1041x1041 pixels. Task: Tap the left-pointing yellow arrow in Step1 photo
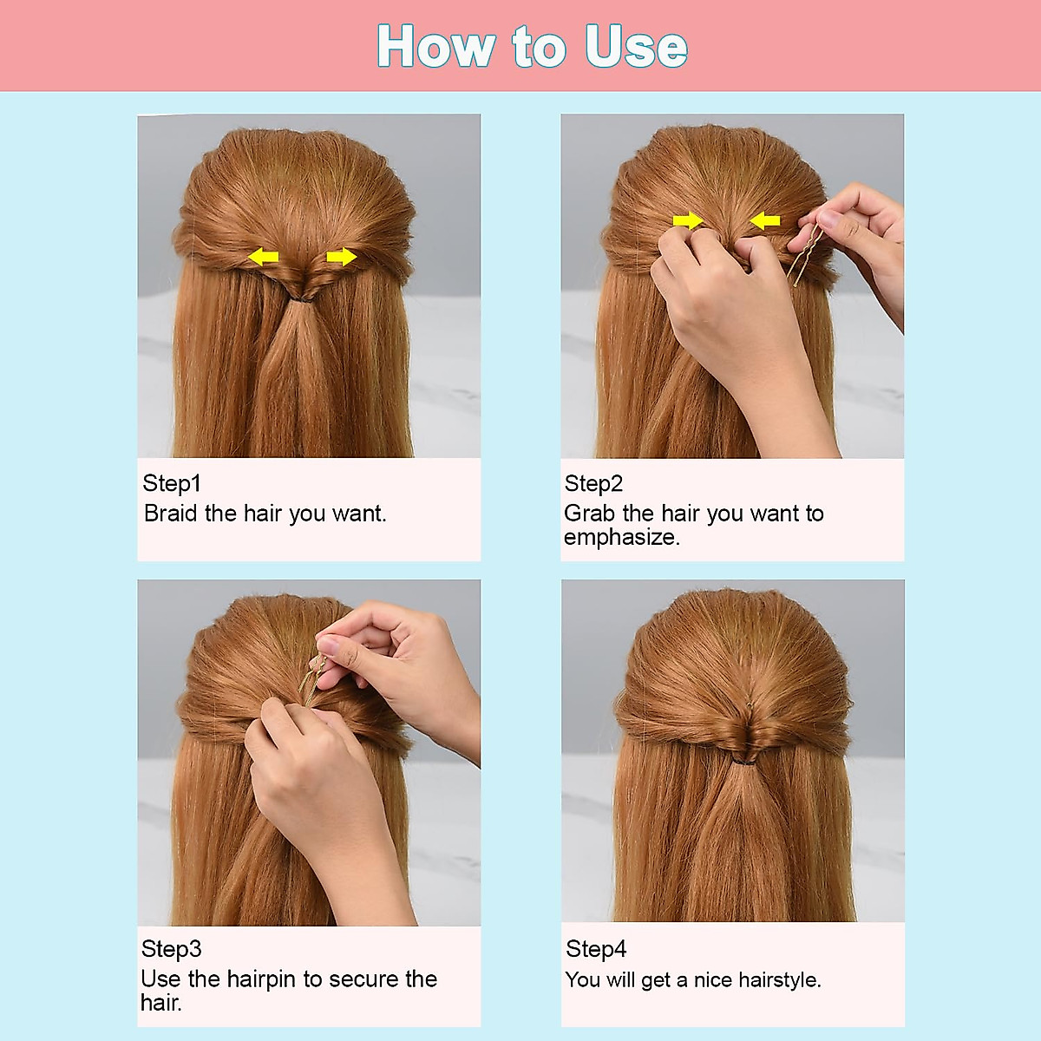click(x=264, y=257)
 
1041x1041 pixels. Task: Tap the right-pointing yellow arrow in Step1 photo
click(x=342, y=257)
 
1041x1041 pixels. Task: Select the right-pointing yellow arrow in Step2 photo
click(x=688, y=220)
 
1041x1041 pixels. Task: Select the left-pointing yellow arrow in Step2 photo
click(x=765, y=221)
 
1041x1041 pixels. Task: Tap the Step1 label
click(x=172, y=483)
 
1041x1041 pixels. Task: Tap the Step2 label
click(x=593, y=483)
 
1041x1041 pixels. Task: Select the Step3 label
click(x=172, y=949)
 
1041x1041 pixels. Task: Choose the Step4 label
click(x=596, y=949)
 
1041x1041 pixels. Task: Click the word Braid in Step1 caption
click(x=171, y=514)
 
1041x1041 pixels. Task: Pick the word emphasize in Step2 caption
click(x=620, y=538)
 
